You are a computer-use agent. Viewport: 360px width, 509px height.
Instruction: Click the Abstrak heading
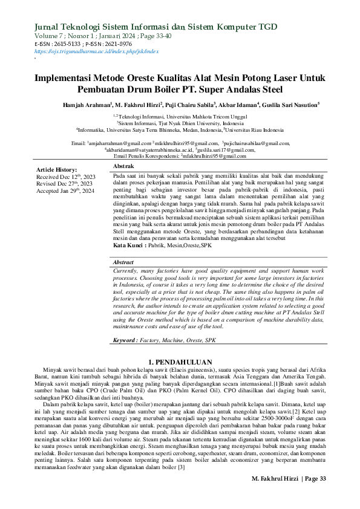(x=124, y=166)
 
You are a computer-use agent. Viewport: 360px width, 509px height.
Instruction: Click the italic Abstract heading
(x=124, y=262)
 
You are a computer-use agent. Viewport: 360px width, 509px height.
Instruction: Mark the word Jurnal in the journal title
(x=50, y=27)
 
